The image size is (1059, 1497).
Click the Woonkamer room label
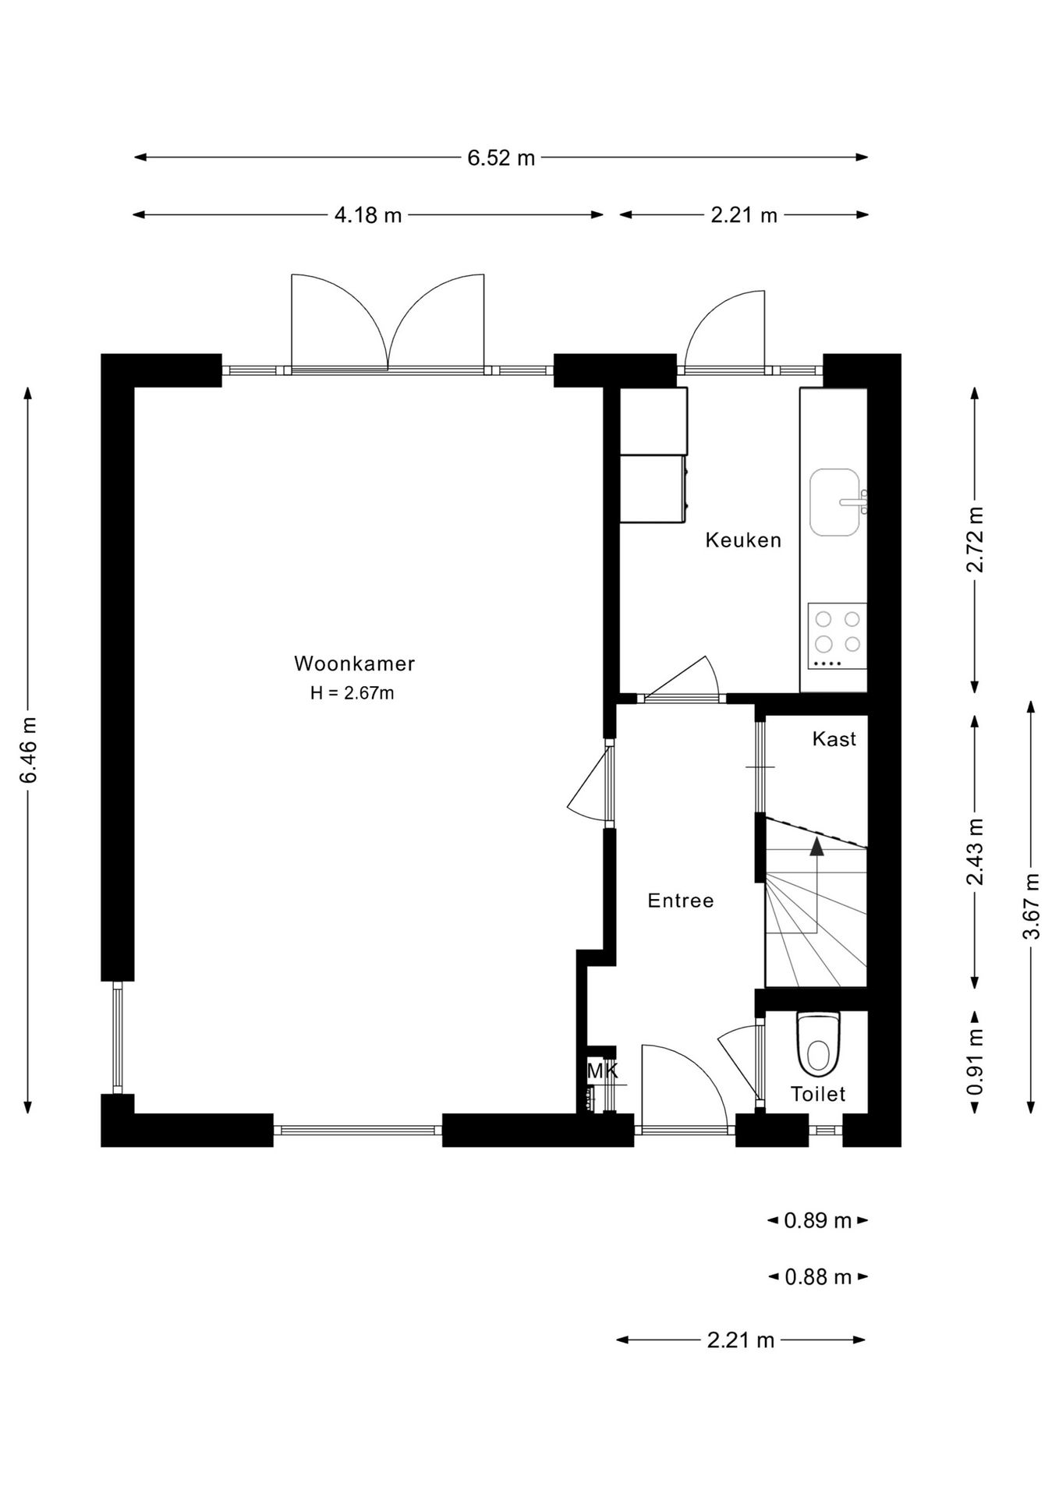point(354,664)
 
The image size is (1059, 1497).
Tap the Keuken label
point(743,540)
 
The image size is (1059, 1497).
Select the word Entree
point(681,901)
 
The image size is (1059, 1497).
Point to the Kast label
point(834,738)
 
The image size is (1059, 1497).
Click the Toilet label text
point(818,1094)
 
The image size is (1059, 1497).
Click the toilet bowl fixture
point(818,1043)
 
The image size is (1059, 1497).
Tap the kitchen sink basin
point(835,502)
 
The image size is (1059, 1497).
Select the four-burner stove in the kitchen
point(837,635)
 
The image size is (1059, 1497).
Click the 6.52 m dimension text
point(501,157)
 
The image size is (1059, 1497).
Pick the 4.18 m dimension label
point(368,214)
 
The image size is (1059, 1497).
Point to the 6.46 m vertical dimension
point(28,750)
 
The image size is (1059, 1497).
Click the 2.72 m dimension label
point(975,539)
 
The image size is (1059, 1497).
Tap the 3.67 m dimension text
point(1031,907)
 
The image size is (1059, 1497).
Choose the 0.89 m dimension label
point(817,1220)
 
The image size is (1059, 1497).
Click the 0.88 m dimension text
point(817,1277)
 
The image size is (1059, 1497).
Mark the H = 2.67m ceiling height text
point(352,692)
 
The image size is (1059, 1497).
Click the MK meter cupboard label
point(602,1071)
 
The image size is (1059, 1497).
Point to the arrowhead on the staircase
point(816,847)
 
